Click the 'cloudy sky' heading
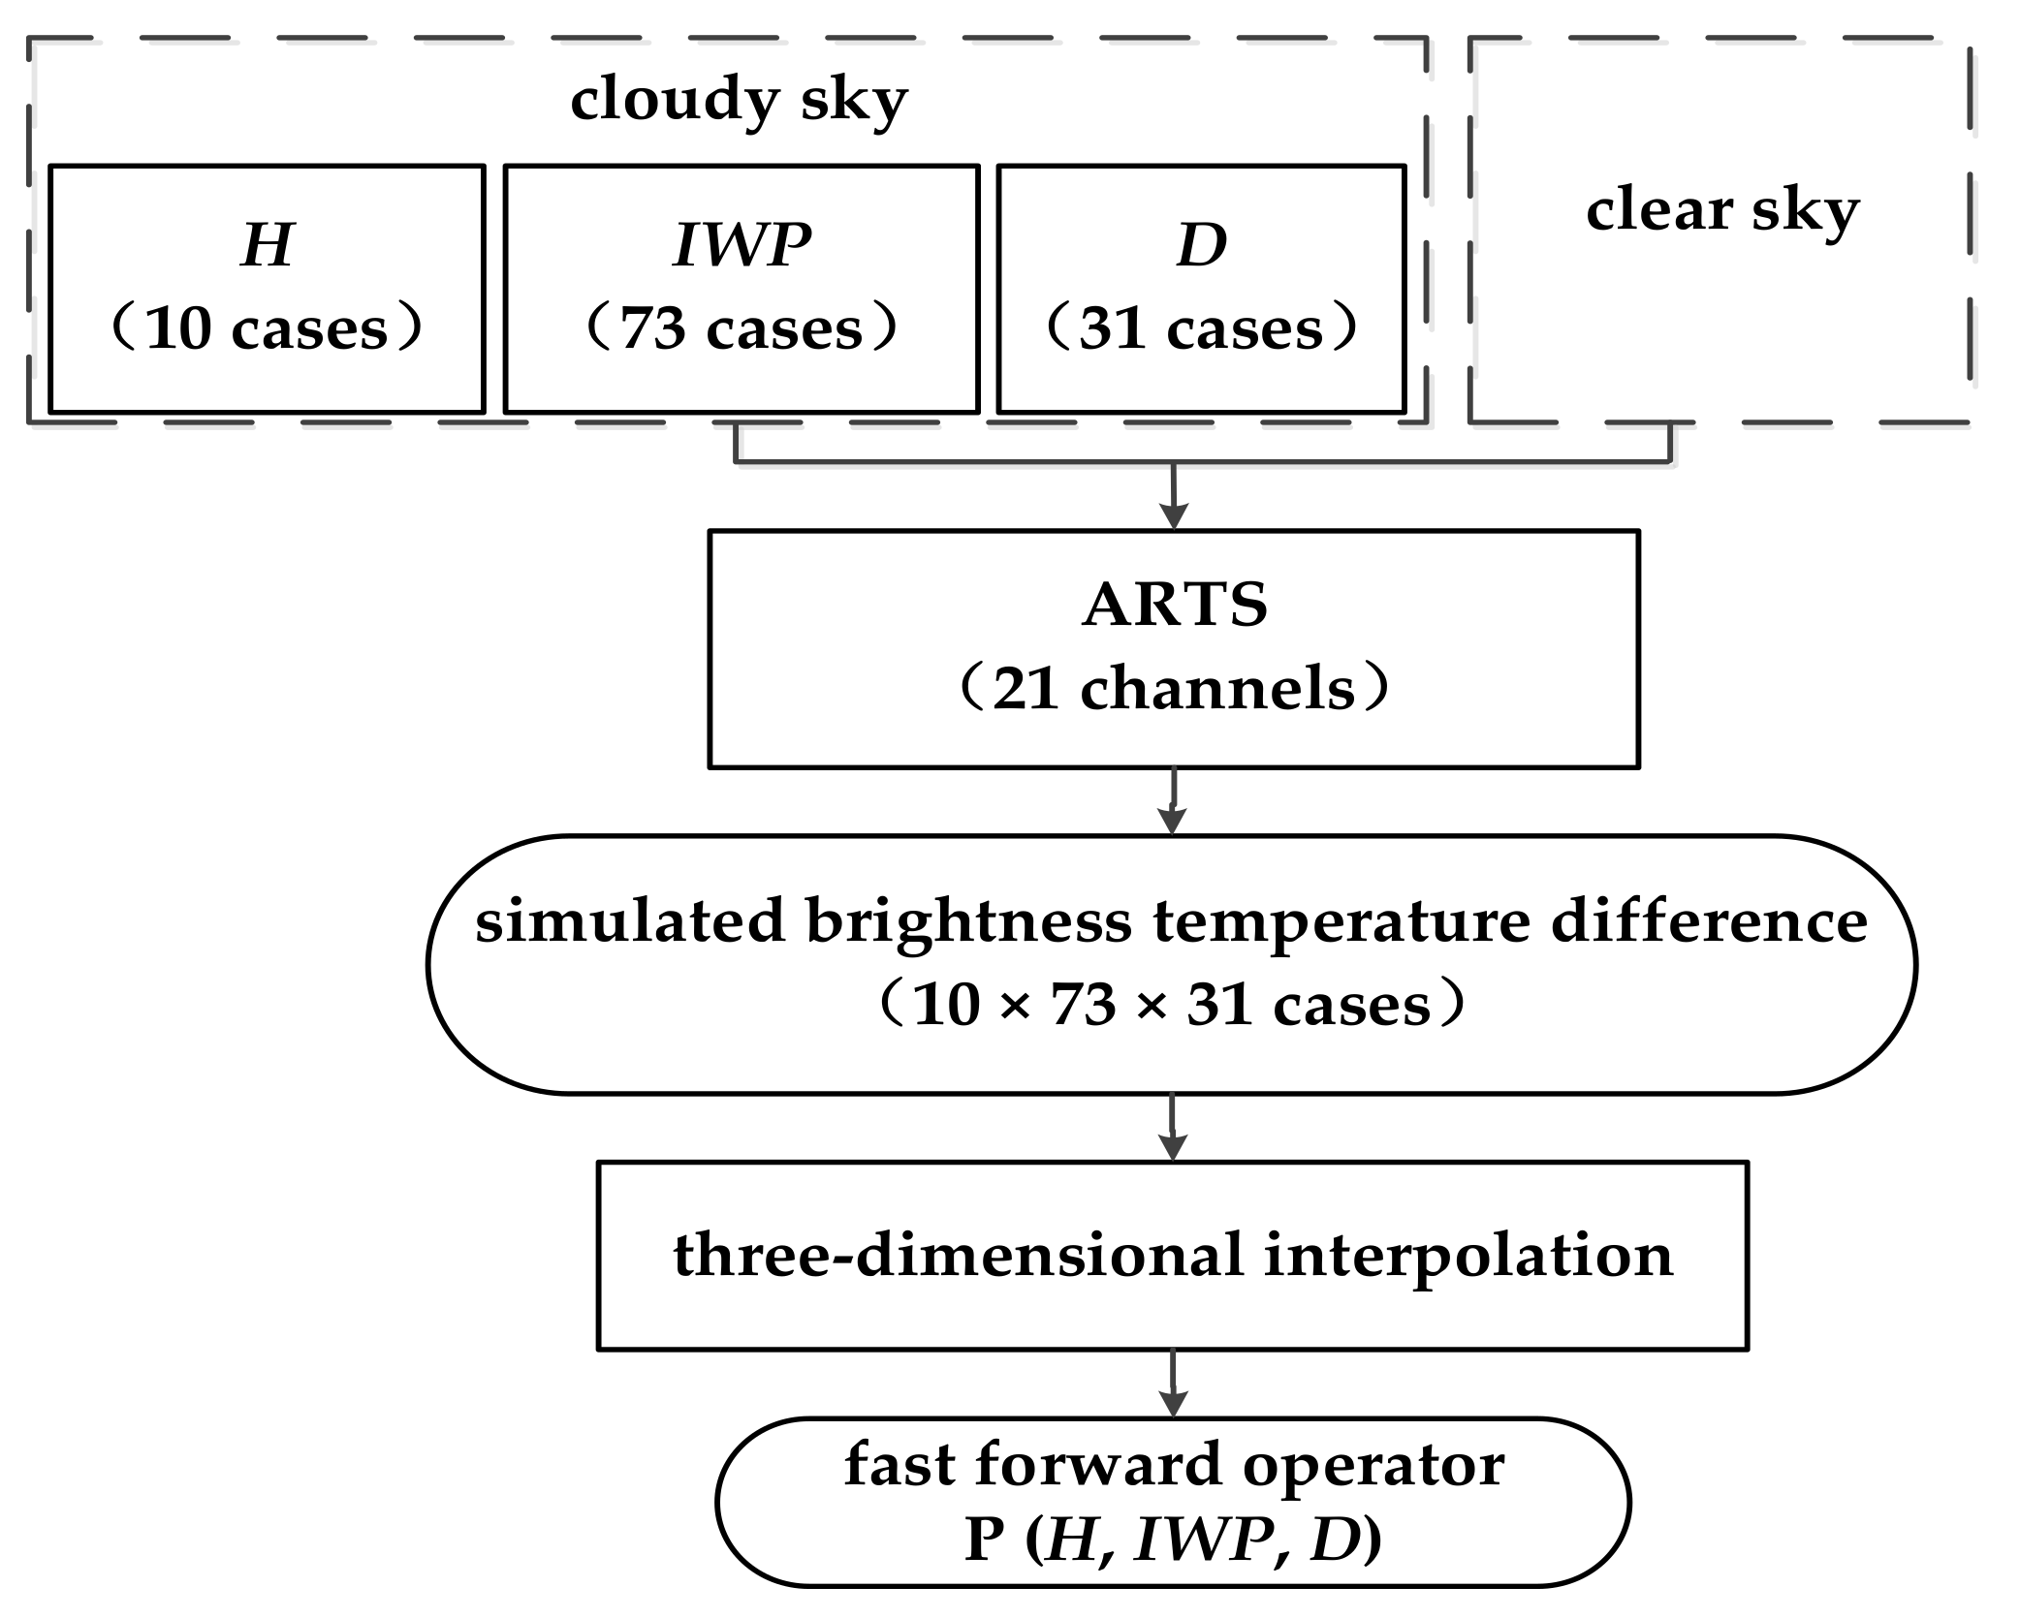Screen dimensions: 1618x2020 click(739, 100)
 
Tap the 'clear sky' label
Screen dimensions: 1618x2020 click(1722, 210)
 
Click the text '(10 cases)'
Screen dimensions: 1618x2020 click(267, 328)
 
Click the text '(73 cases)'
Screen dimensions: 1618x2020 click(742, 328)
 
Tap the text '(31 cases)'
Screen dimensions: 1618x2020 click(1202, 328)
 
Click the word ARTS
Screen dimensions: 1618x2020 click(1174, 606)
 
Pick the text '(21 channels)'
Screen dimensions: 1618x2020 click(1174, 690)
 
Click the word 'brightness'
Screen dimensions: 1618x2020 click(968, 921)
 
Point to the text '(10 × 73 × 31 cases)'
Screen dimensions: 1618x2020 click(1172, 1005)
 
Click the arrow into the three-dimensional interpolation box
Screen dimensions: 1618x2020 click(1173, 1130)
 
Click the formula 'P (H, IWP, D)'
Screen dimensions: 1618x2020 click(1173, 1540)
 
